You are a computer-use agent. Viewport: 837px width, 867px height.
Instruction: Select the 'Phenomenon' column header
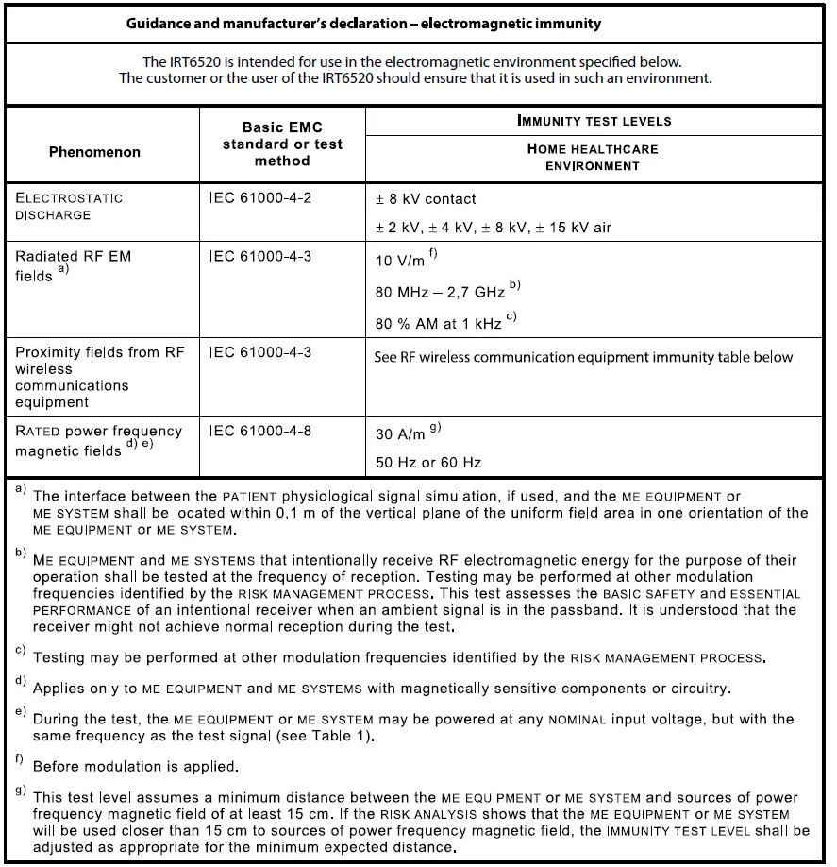click(x=94, y=152)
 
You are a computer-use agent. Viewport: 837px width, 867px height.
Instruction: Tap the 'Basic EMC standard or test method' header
click(x=282, y=144)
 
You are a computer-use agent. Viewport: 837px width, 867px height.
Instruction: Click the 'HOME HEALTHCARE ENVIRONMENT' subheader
click(x=593, y=157)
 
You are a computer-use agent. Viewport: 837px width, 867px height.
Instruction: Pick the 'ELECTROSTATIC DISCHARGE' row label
click(x=68, y=206)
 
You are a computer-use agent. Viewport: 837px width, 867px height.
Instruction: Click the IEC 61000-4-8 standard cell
click(x=259, y=431)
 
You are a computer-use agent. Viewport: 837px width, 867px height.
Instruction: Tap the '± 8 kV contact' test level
click(x=426, y=199)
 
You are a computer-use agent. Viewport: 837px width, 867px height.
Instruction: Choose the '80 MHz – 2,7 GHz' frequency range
click(x=441, y=293)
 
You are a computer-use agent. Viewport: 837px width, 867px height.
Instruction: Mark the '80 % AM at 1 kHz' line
click(x=439, y=324)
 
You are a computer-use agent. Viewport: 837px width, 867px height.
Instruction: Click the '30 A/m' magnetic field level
click(x=401, y=434)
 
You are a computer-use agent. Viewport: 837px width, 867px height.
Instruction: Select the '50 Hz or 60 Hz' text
click(x=428, y=463)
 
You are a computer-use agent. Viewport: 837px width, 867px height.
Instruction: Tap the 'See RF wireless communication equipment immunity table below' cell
click(x=584, y=357)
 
